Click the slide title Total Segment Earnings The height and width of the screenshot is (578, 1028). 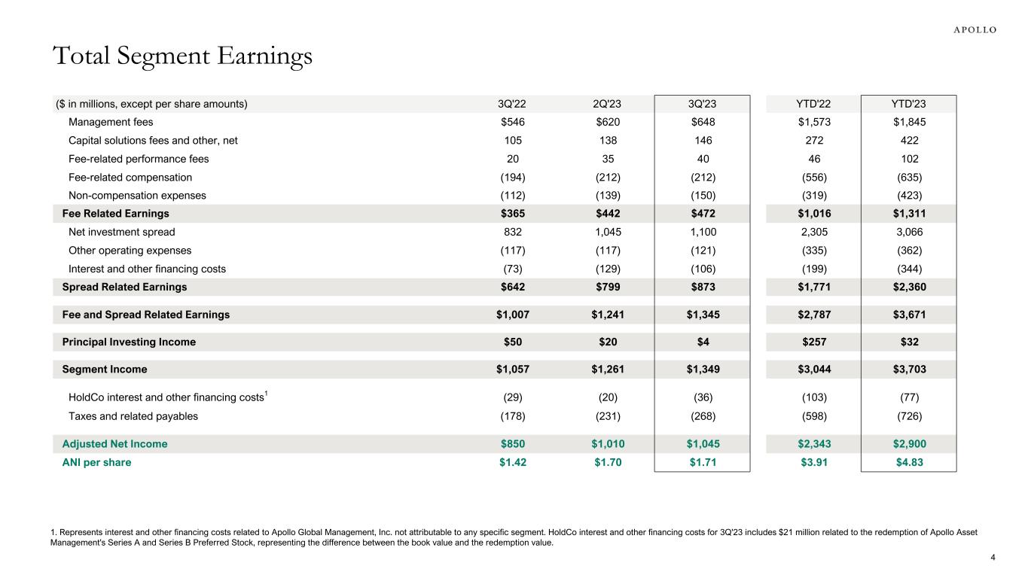[182, 56]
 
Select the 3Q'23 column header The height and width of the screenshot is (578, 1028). [702, 104]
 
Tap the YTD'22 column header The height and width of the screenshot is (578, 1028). [813, 104]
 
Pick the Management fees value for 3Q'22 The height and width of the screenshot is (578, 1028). [513, 122]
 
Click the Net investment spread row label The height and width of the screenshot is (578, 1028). [121, 233]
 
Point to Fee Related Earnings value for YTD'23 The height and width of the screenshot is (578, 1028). [908, 214]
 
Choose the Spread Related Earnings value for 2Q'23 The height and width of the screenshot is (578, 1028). [608, 287]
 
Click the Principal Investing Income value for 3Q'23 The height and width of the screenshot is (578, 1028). [702, 342]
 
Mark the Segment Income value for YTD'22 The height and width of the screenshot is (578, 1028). [813, 370]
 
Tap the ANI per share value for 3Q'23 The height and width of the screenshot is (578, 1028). [702, 462]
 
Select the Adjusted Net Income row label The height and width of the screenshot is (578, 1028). [114, 444]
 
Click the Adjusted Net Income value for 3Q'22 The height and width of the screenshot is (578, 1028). [513, 444]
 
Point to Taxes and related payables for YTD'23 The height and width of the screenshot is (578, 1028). [908, 415]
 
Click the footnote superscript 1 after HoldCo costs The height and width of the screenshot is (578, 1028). [267, 393]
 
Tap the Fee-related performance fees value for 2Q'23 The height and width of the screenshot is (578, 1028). [608, 159]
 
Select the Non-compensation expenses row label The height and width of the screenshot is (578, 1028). [137, 196]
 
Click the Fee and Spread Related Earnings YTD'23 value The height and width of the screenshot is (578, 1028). [908, 315]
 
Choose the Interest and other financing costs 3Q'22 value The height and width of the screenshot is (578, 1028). [513, 269]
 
